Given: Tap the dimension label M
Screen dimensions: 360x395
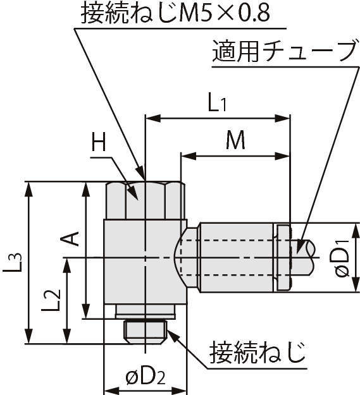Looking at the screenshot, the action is tap(235, 140).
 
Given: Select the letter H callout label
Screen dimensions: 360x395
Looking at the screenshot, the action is tap(99, 142).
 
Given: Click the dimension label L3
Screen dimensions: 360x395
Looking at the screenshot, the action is tap(13, 262).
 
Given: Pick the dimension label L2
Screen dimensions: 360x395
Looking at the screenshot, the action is tap(51, 300).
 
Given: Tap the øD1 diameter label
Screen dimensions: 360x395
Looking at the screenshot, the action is tap(342, 258).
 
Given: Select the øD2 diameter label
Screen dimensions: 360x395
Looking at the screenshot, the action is tap(146, 378).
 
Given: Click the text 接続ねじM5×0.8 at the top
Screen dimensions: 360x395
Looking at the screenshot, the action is tap(176, 13).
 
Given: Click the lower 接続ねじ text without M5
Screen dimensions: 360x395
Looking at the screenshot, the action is tap(258, 353).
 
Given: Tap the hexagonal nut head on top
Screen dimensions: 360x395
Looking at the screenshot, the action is tap(146, 200).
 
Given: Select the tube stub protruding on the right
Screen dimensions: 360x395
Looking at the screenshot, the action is tap(303, 257).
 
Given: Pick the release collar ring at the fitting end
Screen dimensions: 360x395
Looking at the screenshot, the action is tap(283, 257).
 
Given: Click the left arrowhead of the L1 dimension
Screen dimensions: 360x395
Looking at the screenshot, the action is tap(152, 118).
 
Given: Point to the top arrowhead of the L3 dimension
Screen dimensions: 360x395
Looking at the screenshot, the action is tap(29, 189).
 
